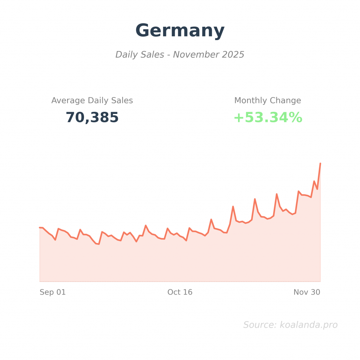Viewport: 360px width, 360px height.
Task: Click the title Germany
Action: pyautogui.click(x=180, y=31)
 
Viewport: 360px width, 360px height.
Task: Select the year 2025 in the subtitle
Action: pyautogui.click(x=233, y=55)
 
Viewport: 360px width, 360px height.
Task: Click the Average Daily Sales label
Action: pyautogui.click(x=92, y=101)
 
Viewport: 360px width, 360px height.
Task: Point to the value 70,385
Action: pyautogui.click(x=92, y=117)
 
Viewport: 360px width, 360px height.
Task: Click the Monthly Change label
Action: pyautogui.click(x=268, y=101)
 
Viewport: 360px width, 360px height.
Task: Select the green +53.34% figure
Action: pyautogui.click(x=268, y=117)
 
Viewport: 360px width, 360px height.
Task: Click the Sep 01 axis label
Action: pyautogui.click(x=53, y=292)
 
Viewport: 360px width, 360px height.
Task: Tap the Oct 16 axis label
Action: pyautogui.click(x=180, y=292)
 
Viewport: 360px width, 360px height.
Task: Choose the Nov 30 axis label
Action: pyautogui.click(x=307, y=292)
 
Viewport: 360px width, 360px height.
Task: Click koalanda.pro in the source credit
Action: pyautogui.click(x=308, y=325)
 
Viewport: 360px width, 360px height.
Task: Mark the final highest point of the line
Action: pyautogui.click(x=320, y=163)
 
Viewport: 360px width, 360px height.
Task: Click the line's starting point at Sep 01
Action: pyautogui.click(x=40, y=227)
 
